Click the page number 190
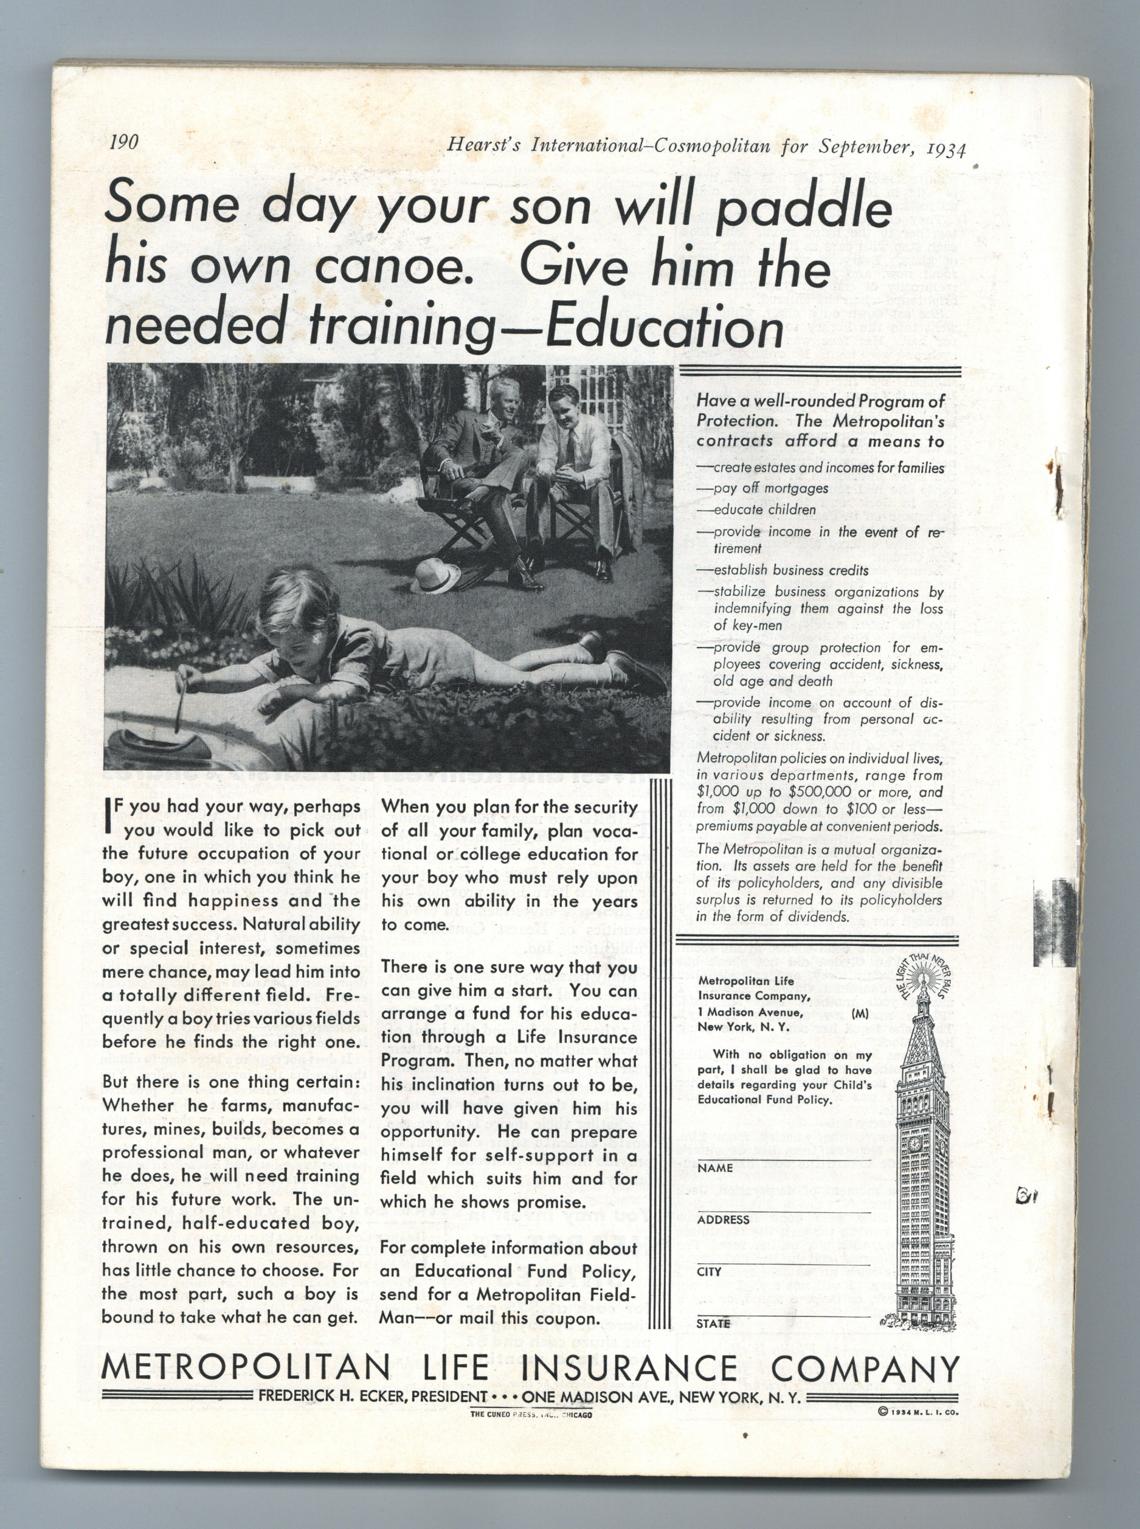[x=124, y=142]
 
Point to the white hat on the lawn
[x=436, y=576]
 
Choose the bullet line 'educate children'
[x=765, y=510]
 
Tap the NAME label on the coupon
[x=714, y=1168]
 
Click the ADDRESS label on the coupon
[x=723, y=1219]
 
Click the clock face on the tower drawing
[x=915, y=1144]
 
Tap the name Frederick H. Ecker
[x=333, y=1397]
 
